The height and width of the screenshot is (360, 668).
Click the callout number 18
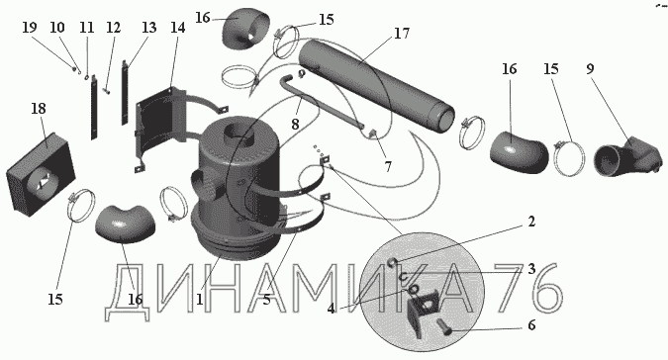(39, 109)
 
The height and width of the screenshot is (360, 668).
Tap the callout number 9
(590, 68)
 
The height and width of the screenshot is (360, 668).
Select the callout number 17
(402, 34)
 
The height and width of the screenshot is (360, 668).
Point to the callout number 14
(178, 28)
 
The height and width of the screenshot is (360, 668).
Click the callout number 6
(531, 325)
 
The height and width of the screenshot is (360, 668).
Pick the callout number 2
(530, 222)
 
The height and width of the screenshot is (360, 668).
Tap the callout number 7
(388, 167)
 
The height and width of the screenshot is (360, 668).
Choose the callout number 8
(295, 125)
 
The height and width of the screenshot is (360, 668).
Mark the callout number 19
(30, 28)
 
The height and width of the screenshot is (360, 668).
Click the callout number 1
(199, 299)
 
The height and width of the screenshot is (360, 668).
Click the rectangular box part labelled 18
(41, 174)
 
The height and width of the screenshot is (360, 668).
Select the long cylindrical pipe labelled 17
(377, 84)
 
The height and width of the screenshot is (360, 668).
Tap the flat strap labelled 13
(125, 93)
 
